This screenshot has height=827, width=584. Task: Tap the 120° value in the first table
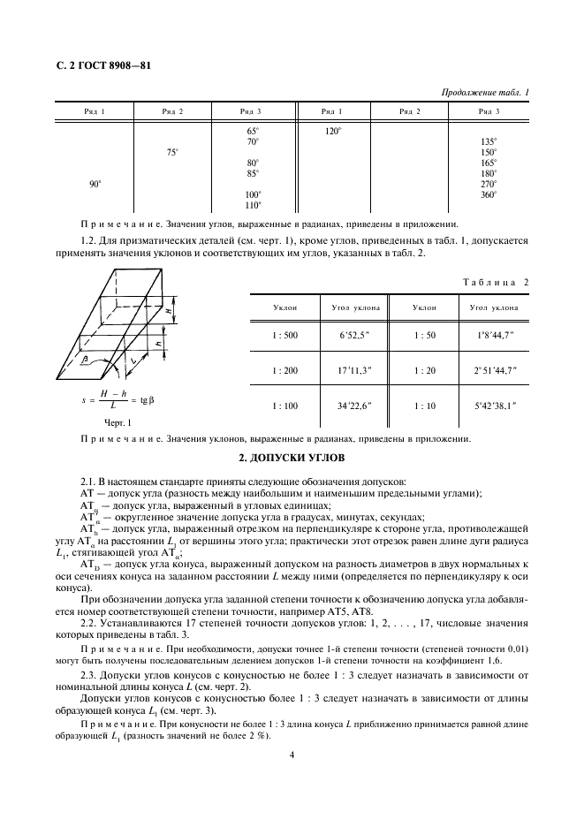(x=332, y=130)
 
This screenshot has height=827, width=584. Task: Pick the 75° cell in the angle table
(x=172, y=152)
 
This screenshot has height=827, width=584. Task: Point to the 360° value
(x=488, y=194)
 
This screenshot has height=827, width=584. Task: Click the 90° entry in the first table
(x=95, y=184)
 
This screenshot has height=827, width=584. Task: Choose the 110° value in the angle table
(x=253, y=205)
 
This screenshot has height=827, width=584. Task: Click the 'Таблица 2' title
(x=495, y=281)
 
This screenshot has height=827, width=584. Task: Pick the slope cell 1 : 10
(x=426, y=405)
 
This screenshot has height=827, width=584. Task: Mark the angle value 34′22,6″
(x=355, y=405)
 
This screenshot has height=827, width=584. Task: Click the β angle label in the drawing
(x=110, y=360)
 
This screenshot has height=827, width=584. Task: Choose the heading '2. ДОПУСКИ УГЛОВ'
(x=292, y=458)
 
